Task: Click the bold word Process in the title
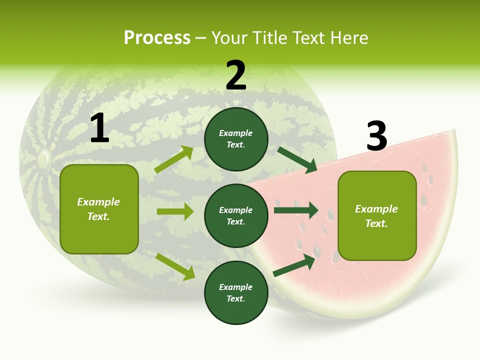[x=157, y=37]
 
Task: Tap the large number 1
[x=99, y=128]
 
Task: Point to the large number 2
[x=236, y=75]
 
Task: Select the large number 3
[x=376, y=136]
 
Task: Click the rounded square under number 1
[x=99, y=209]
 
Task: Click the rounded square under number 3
[x=377, y=215]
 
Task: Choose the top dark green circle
[x=236, y=139]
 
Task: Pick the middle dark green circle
[x=236, y=215]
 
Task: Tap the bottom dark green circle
[x=236, y=292]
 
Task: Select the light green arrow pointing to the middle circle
[x=175, y=211]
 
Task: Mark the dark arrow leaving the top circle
[x=297, y=160]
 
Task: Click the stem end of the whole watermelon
[x=43, y=159]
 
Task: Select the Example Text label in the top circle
[x=236, y=139]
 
